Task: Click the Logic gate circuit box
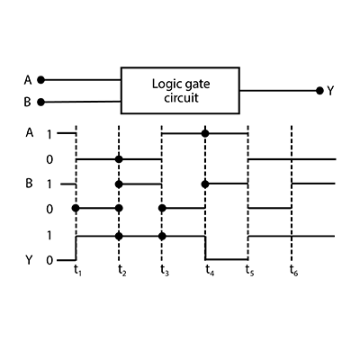point(180,90)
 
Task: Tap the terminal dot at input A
point(40,80)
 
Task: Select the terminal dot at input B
point(40,103)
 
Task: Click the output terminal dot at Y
point(319,90)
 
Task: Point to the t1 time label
point(77,270)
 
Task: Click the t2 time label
point(121,270)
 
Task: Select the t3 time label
point(165,270)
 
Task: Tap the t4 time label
point(210,270)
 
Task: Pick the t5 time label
point(249,270)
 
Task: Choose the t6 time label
point(293,270)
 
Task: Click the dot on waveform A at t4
point(205,133)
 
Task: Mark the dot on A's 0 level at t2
point(119,159)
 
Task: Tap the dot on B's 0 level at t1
point(76,208)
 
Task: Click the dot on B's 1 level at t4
point(205,184)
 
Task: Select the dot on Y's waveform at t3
point(162,236)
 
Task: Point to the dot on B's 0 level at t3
point(162,208)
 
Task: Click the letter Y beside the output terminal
point(330,91)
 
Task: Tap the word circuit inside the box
point(181,98)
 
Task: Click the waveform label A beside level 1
point(30,132)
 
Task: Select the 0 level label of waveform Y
point(49,260)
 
